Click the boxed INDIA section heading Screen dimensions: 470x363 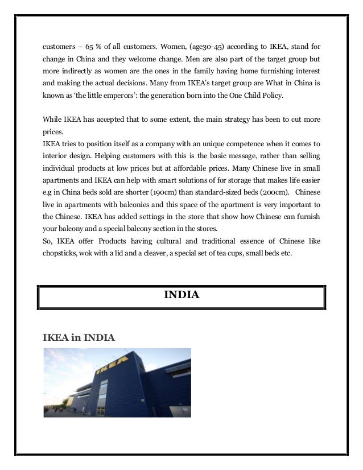point(181,295)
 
